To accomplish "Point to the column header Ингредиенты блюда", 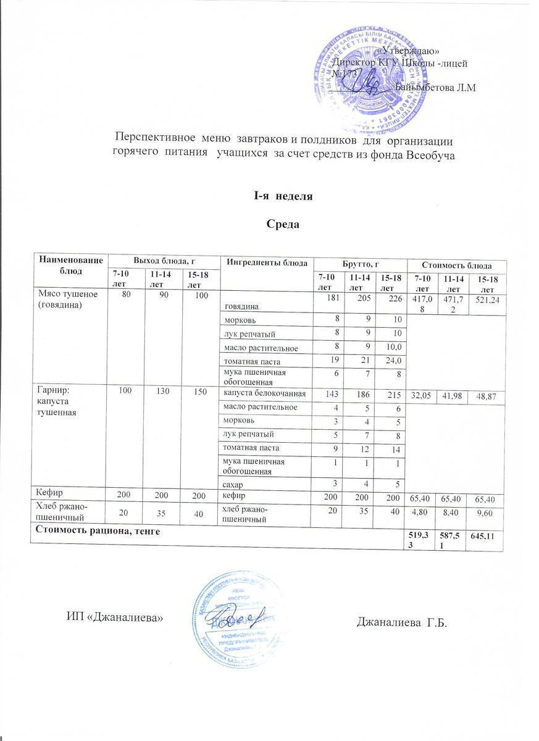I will tap(267, 262).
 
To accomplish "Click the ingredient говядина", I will tap(243, 306).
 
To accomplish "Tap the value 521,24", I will tap(486, 299).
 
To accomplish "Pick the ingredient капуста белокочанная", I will tap(264, 394).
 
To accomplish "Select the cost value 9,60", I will tap(486, 513).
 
